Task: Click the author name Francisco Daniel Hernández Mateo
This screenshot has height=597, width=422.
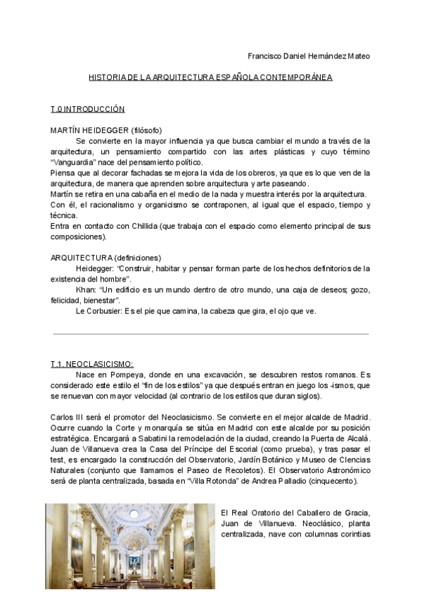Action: (x=309, y=56)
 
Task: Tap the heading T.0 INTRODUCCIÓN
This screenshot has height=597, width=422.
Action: (x=87, y=109)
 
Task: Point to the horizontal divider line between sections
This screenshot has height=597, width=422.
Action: (x=210, y=334)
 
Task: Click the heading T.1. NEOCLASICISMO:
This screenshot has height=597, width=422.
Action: (x=91, y=364)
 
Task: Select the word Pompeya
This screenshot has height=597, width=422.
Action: (x=124, y=375)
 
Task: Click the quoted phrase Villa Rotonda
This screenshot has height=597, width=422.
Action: (x=214, y=482)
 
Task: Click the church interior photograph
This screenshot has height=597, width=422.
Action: (x=131, y=546)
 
